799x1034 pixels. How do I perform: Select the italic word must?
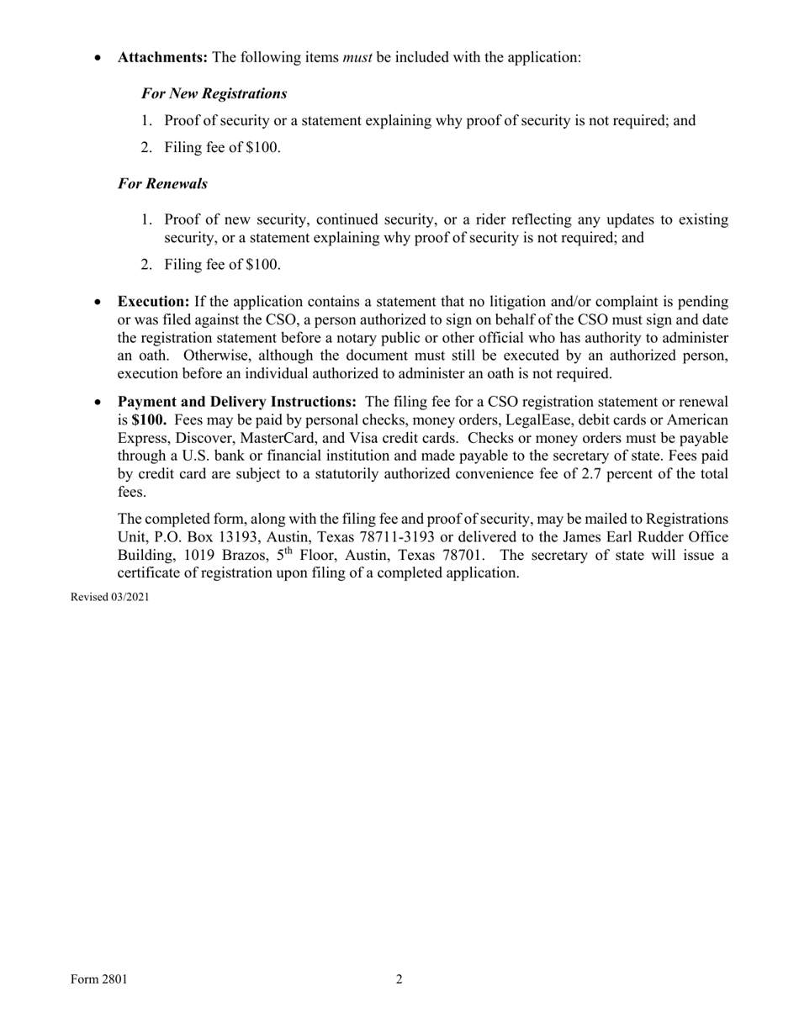(x=357, y=58)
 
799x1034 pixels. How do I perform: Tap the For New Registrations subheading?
(x=214, y=93)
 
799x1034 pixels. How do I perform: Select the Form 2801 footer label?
(x=98, y=979)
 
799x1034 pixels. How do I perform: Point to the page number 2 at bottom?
(x=399, y=979)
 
